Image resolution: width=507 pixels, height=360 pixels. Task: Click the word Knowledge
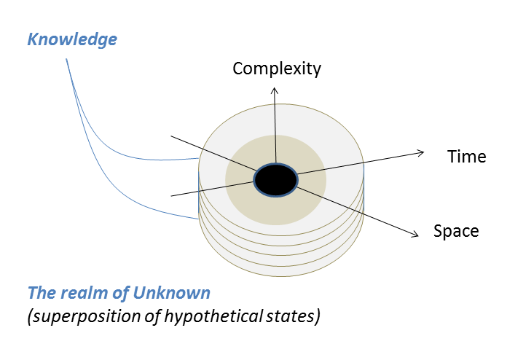[72, 39]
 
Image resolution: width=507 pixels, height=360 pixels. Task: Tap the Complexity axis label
[276, 69]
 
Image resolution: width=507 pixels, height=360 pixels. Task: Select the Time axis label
[466, 157]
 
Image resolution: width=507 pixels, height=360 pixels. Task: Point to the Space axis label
[456, 232]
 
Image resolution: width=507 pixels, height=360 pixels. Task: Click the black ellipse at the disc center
[276, 179]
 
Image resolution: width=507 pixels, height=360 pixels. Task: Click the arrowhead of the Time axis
[421, 152]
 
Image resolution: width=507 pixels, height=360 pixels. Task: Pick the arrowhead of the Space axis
[416, 234]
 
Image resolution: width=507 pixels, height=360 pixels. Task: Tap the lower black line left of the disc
[185, 192]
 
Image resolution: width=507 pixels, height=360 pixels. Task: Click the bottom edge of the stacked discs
[281, 276]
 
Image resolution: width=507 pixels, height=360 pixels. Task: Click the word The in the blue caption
[39, 294]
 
